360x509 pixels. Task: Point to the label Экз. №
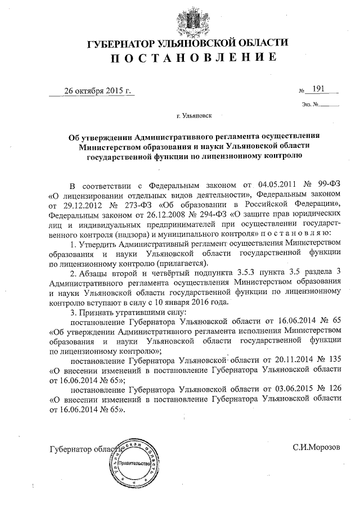pos(310,104)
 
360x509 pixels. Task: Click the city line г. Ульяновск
pos(181,116)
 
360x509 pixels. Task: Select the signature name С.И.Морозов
pos(317,448)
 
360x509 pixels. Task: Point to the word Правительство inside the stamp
pos(131,463)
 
